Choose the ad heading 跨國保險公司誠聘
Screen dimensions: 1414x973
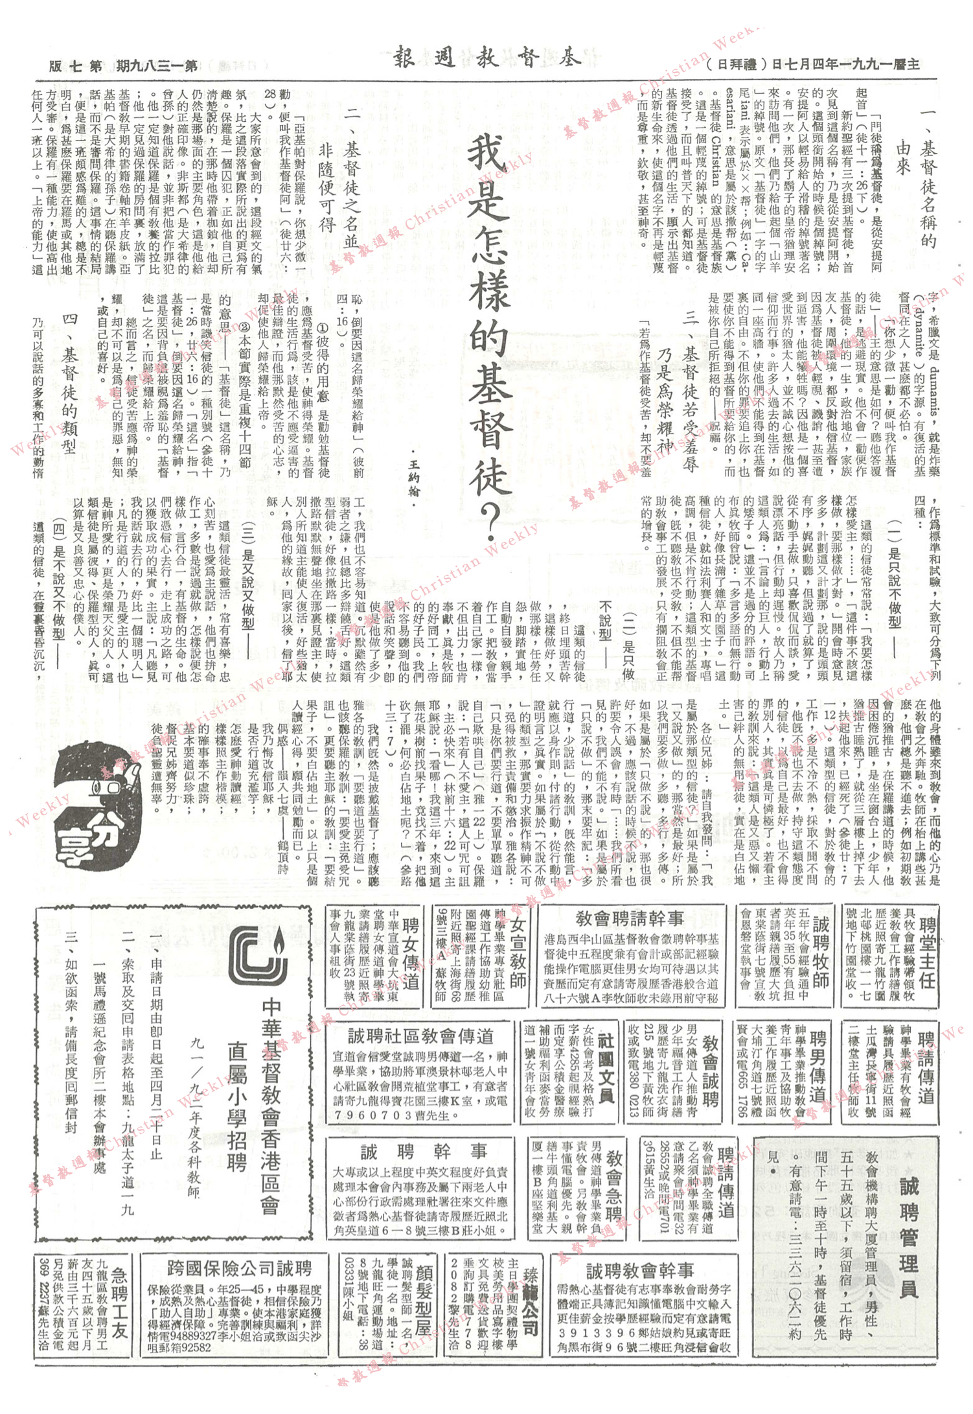point(239,1268)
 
